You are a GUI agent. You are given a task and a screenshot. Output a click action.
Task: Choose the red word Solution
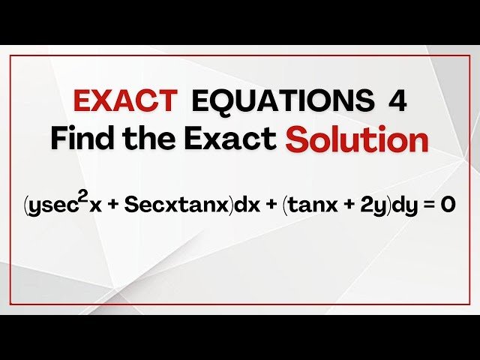tap(356, 139)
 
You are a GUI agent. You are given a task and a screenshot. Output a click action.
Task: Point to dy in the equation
tap(402, 205)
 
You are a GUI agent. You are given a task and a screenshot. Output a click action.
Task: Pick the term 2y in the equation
tap(368, 205)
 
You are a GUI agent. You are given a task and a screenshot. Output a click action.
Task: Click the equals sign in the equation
tap(427, 205)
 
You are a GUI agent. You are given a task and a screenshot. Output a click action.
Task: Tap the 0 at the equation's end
tap(447, 204)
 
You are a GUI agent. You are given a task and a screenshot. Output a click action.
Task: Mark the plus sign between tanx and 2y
tap(341, 205)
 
